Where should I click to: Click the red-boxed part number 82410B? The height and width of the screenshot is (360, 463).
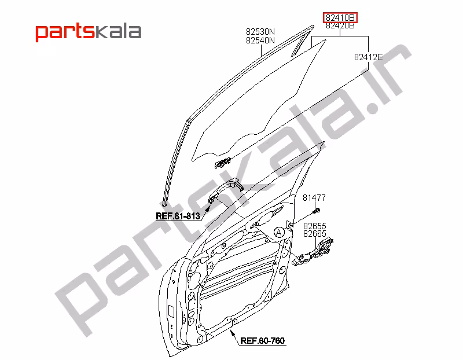[340, 18]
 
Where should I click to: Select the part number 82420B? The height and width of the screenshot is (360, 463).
[340, 25]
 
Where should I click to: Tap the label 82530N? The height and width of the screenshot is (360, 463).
[260, 32]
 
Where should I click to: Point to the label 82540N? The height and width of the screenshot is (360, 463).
[260, 40]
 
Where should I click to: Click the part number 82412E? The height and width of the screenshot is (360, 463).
[368, 57]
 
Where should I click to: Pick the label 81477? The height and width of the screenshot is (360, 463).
[314, 197]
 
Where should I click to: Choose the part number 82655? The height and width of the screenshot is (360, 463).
[315, 226]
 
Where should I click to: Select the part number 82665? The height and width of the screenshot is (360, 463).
[315, 234]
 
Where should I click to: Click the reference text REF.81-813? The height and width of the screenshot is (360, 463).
[178, 216]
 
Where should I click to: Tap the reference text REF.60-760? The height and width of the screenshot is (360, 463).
[263, 340]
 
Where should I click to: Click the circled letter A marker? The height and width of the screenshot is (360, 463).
[279, 233]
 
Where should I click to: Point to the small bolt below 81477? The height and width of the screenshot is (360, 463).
[316, 211]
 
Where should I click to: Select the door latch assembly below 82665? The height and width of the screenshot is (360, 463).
[313, 252]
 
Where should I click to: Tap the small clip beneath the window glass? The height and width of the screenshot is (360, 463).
[223, 163]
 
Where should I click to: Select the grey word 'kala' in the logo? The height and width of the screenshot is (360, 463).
[118, 31]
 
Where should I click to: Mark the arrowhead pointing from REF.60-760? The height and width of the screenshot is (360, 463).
[233, 332]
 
